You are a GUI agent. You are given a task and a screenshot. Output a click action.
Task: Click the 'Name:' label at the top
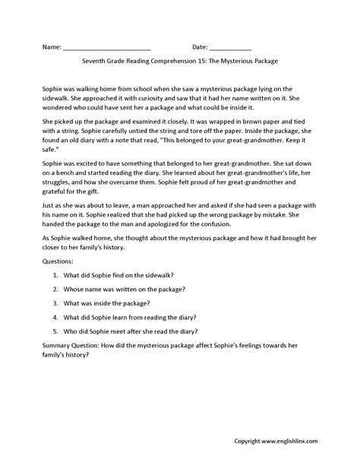point(51,47)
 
